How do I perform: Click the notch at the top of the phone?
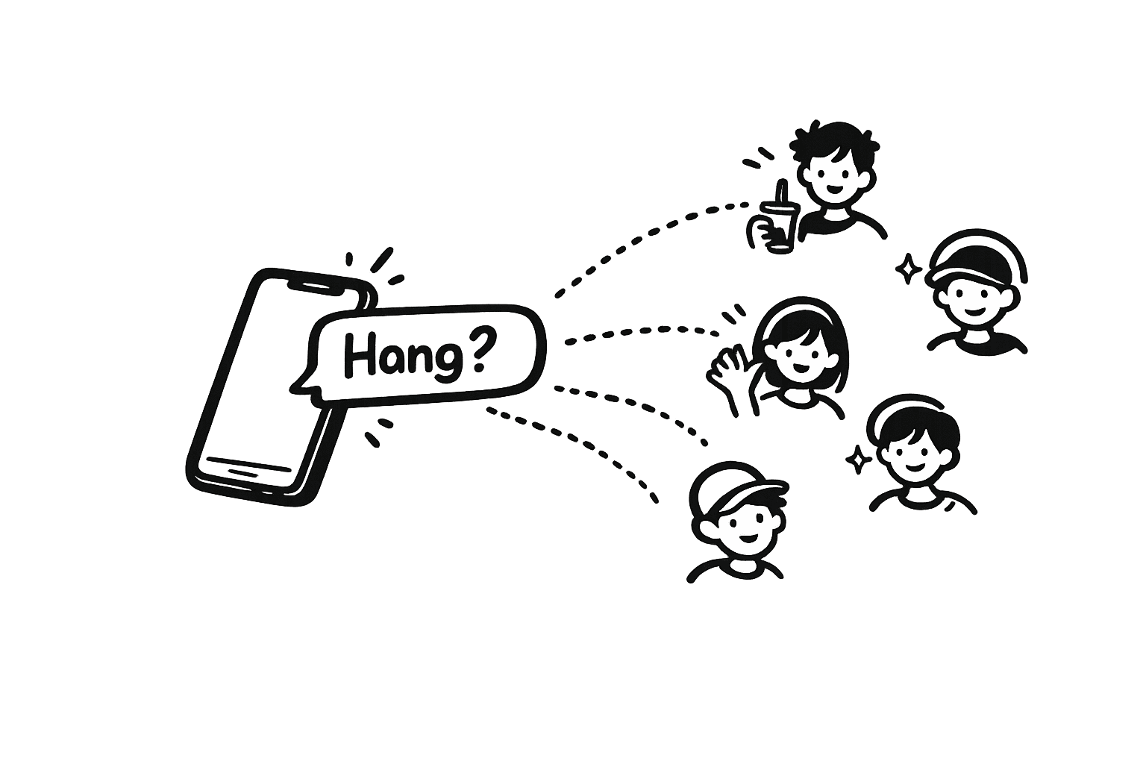pos(313,286)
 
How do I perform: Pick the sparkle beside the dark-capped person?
pos(907,269)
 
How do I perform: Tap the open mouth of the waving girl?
pos(798,368)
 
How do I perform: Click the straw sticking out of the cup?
pos(782,192)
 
